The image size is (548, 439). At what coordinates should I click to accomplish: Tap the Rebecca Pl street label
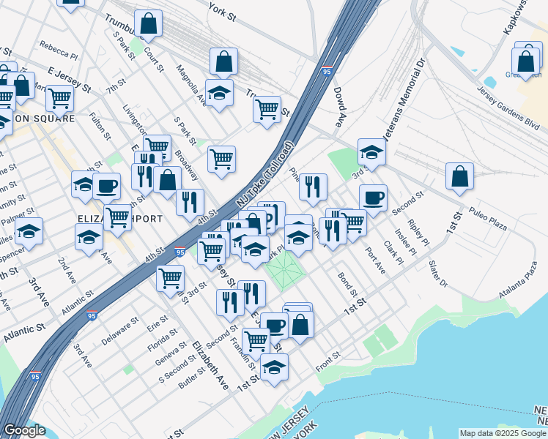pos(59,49)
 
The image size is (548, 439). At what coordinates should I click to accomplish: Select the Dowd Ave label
pos(338,108)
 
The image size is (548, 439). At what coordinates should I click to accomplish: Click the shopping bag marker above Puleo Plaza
pos(459,176)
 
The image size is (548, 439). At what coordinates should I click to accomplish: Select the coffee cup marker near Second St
pos(373,198)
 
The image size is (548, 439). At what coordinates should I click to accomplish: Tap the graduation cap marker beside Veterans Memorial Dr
pos(371,153)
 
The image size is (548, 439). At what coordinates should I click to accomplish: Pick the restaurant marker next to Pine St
pos(313,187)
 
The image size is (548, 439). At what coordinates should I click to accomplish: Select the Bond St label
pos(347,284)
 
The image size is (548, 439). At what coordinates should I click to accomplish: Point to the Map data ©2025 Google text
pos(503,432)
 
